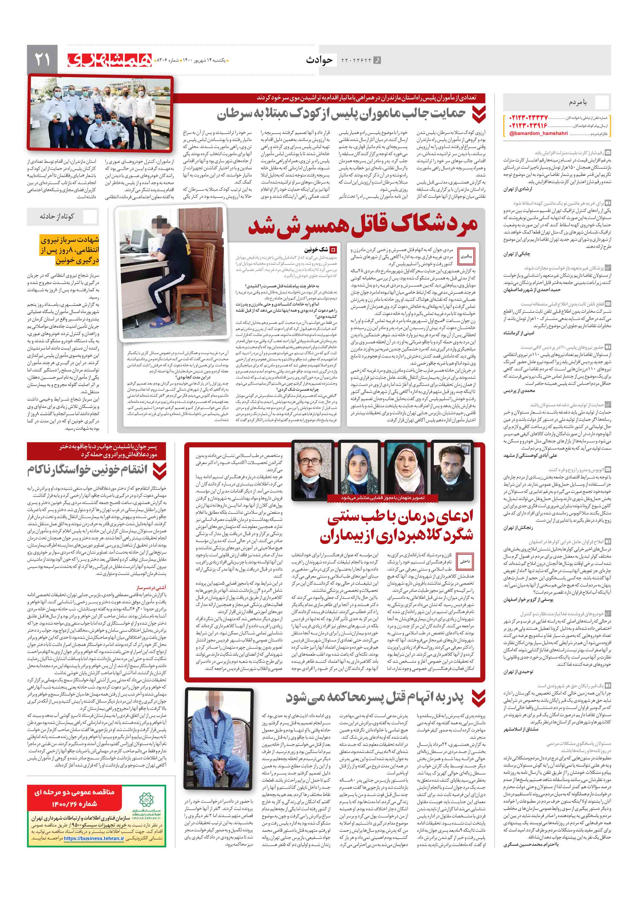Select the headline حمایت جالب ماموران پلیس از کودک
tap(341, 114)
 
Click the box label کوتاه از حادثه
tap(57, 216)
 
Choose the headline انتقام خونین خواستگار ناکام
tap(87, 470)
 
